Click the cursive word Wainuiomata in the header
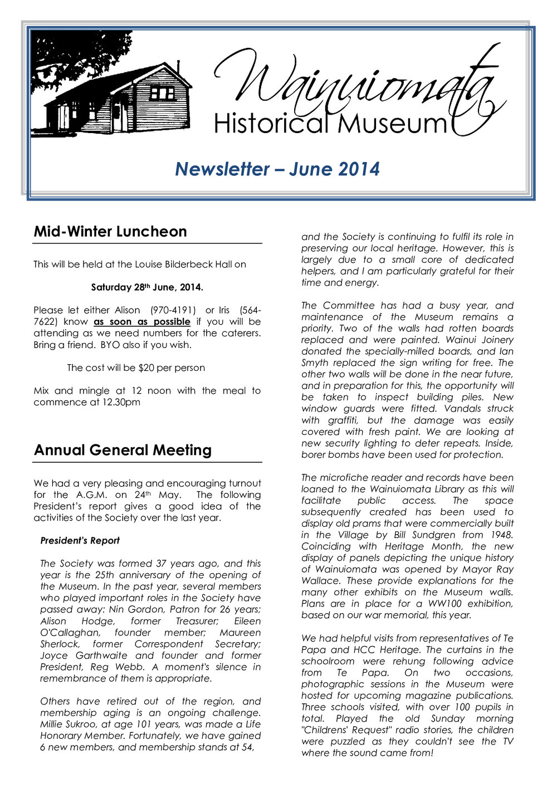(356, 84)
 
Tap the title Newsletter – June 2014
(277, 169)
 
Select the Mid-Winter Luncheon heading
(110, 232)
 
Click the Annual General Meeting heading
(123, 451)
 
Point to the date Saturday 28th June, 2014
(147, 288)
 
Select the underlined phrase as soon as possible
(142, 322)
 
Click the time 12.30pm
(121, 403)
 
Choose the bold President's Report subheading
(80, 541)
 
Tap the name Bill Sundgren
(419, 535)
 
